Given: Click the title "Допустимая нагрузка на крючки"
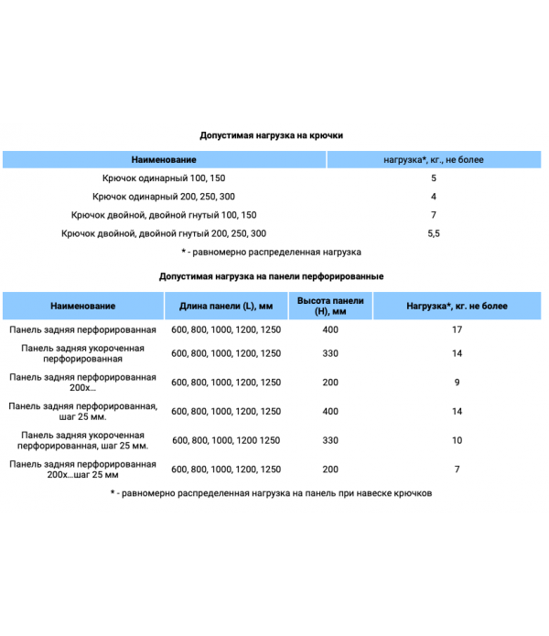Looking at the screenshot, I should click(272, 135).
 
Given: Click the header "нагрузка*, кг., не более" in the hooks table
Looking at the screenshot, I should click(433, 160).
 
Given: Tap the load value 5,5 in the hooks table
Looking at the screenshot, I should click(433, 233).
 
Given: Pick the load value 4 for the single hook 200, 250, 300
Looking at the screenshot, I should click(433, 197).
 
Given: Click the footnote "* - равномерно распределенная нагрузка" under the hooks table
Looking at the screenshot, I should click(272, 252).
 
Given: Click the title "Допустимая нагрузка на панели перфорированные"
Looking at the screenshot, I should click(272, 275).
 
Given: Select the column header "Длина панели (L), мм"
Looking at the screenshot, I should click(226, 306).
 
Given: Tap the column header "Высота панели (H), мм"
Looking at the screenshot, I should click(330, 306).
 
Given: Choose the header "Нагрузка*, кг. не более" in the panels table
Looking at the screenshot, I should click(457, 306).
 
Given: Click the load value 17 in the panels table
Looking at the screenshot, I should click(457, 329).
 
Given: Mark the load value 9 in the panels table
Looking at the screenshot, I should click(457, 382).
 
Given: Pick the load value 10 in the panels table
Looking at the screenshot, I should click(457, 440).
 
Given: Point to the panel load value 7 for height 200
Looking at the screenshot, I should click(457, 469).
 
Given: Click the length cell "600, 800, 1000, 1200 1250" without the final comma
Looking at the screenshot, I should click(226, 440).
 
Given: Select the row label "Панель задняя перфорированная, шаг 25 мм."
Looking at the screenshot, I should click(83, 411).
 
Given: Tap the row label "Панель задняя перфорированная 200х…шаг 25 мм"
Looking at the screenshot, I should click(83, 469).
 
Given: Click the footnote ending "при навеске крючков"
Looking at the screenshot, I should click(272, 493).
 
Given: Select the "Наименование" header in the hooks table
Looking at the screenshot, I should click(165, 160).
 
